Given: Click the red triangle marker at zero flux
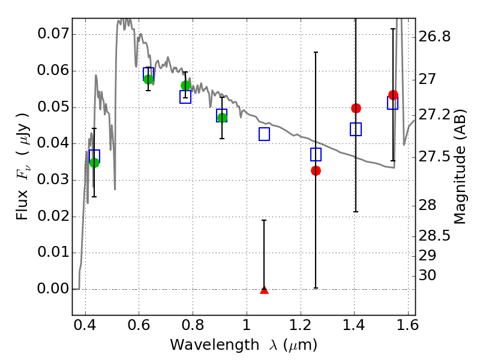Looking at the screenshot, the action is coord(264,290).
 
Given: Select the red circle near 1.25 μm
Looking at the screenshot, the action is coord(316,171).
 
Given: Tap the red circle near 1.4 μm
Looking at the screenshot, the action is coord(356,108).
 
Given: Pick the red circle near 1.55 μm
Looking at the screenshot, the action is coord(394,95).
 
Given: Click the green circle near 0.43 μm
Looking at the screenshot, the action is coord(95,163).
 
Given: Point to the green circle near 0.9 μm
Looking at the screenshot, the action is coord(222,118).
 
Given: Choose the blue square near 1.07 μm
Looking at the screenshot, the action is coord(264,134).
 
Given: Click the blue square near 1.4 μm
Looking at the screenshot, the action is coord(356,129).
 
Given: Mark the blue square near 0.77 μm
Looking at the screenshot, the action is coord(185,97).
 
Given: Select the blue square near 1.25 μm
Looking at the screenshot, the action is coord(316,155).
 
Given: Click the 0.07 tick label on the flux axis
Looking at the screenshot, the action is coord(53,34).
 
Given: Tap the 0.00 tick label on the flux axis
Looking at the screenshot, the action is coord(53,289).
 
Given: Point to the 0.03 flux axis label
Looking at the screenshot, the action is coord(53,179).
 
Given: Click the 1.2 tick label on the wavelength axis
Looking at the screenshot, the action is coord(301,325).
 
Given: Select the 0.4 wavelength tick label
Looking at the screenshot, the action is coord(85,325).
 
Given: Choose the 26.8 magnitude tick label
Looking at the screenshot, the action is coord(434,37).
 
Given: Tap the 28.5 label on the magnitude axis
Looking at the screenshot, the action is coord(434,236).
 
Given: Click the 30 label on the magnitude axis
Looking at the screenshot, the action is coord(427,275).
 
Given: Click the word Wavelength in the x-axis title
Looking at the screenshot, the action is coord(215,345).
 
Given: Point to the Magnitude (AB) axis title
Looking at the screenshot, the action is coord(460,167).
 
